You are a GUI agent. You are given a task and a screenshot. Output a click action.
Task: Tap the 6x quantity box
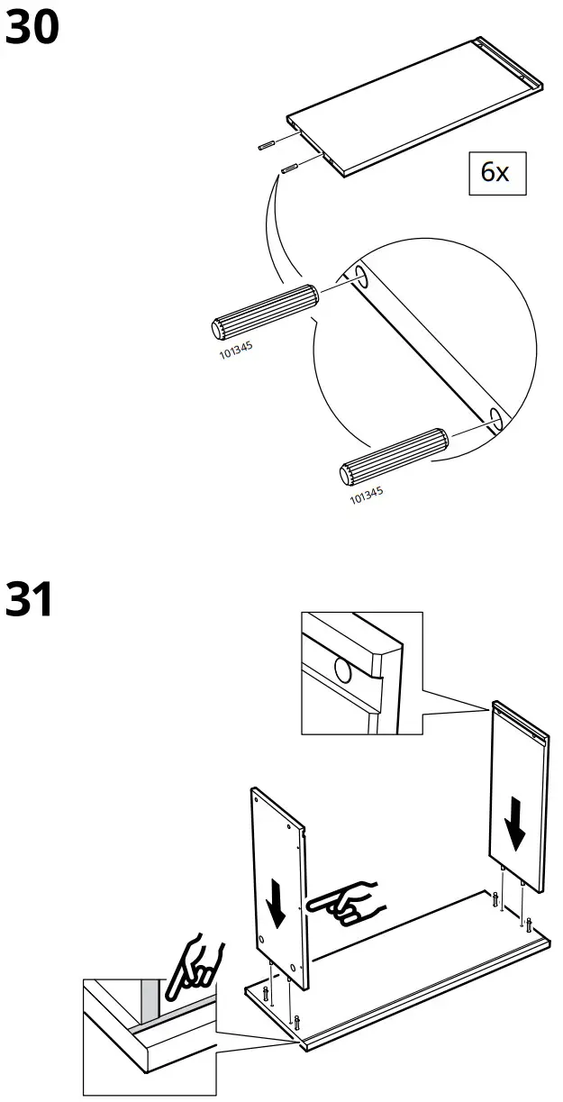click(x=495, y=172)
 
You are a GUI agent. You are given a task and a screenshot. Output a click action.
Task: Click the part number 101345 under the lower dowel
click(x=366, y=494)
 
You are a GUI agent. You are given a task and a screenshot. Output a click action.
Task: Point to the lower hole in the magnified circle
click(x=495, y=415)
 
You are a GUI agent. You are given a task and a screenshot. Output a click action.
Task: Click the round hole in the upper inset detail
click(x=343, y=670)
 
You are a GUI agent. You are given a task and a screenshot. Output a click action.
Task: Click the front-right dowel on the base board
click(x=529, y=924)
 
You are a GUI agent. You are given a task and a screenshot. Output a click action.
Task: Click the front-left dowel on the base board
click(x=296, y=1021)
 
